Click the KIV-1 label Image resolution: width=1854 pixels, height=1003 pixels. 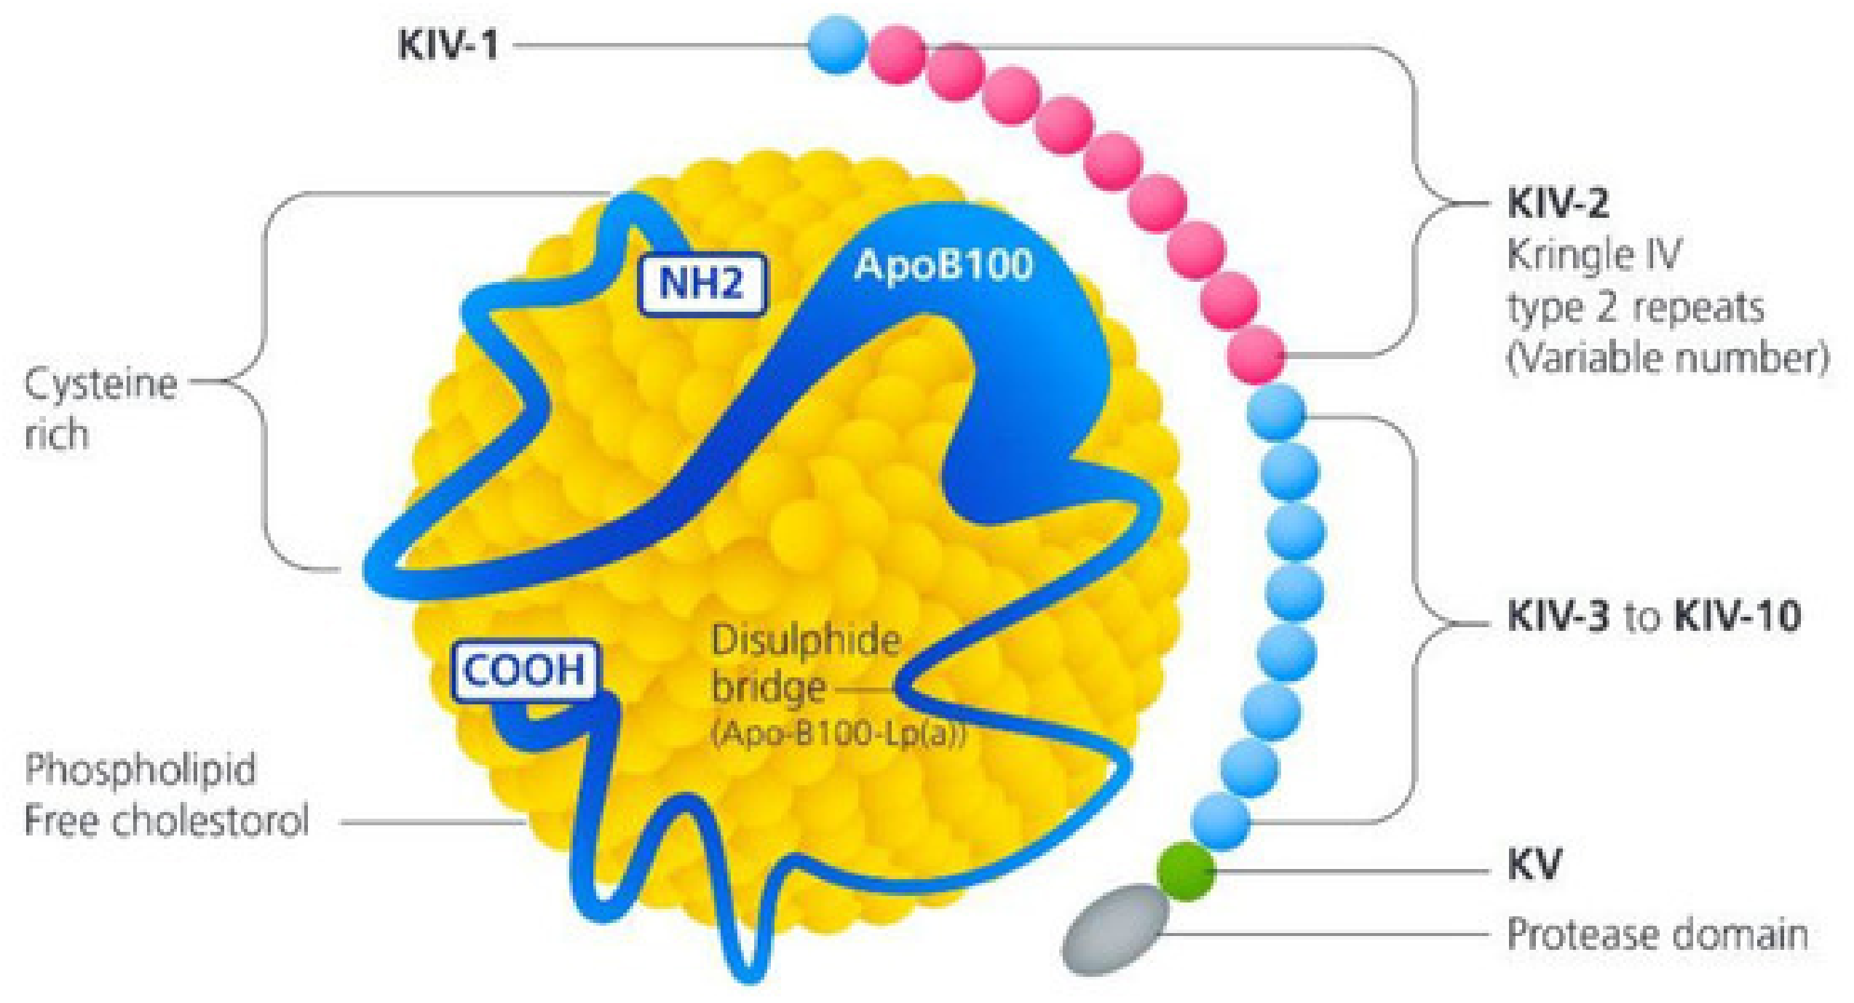click(x=448, y=45)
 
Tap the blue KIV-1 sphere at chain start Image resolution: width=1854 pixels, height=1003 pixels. click(x=838, y=44)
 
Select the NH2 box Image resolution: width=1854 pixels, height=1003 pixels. click(x=702, y=283)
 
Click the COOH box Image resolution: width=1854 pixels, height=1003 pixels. click(x=525, y=671)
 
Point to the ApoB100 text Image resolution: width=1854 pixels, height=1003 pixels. click(x=943, y=265)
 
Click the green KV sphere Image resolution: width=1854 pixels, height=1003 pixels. click(x=1187, y=871)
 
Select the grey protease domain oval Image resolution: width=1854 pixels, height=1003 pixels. click(x=1114, y=929)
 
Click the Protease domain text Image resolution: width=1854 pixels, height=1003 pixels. click(x=1657, y=935)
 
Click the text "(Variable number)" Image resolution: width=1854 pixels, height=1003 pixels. click(x=1668, y=358)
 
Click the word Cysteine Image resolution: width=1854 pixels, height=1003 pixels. click(x=101, y=385)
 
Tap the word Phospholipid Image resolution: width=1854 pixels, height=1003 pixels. click(x=140, y=769)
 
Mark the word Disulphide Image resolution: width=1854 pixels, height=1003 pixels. click(x=806, y=642)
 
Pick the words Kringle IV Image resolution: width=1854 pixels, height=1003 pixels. click(x=1594, y=255)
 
